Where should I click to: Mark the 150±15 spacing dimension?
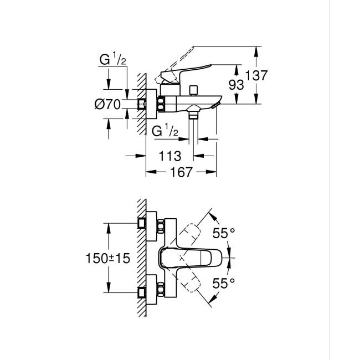pyautogui.click(x=107, y=258)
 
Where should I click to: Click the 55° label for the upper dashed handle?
pyautogui.click(x=224, y=234)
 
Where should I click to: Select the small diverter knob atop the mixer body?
pyautogui.click(x=193, y=89)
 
